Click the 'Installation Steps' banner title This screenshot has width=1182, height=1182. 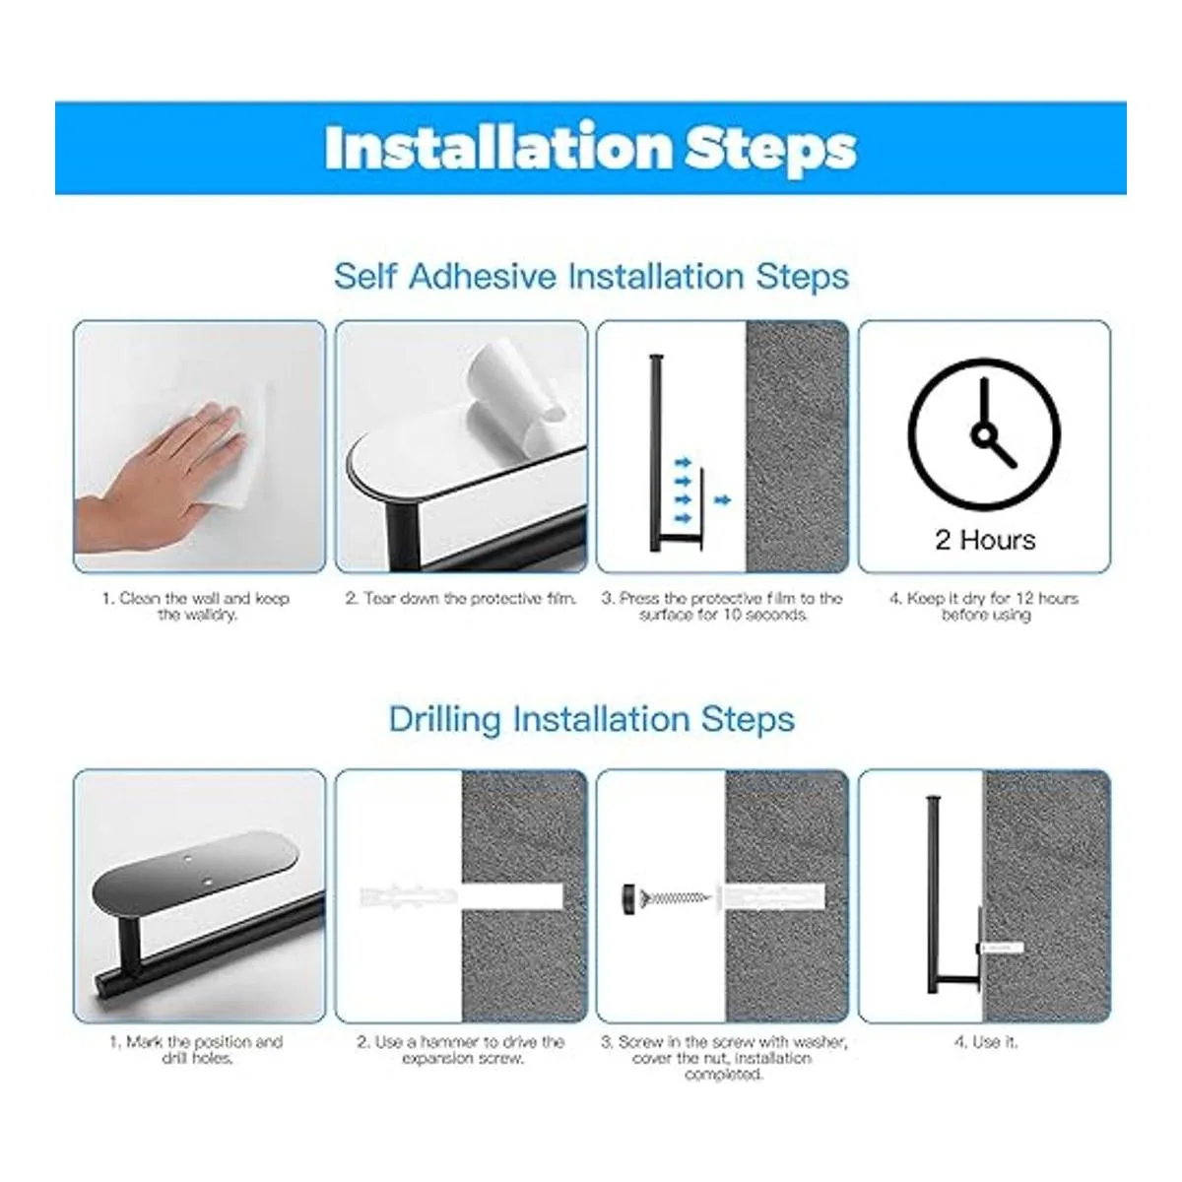[590, 149]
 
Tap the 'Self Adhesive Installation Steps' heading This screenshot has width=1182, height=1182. [591, 277]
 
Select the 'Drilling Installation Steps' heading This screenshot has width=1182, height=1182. [591, 719]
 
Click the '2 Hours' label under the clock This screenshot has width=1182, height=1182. [985, 541]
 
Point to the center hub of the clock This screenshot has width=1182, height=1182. [984, 436]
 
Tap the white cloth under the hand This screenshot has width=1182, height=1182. [242, 466]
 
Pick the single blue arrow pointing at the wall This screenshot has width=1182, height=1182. [723, 500]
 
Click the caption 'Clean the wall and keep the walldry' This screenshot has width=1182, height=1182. [196, 606]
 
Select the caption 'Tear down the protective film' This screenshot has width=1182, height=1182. [461, 598]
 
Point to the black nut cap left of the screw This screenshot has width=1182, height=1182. [629, 899]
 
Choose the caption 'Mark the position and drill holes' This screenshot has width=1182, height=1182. [196, 1049]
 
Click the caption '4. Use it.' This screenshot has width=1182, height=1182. [985, 1041]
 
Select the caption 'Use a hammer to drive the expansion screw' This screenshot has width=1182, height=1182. [461, 1049]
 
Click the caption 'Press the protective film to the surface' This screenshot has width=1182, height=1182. [722, 606]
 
